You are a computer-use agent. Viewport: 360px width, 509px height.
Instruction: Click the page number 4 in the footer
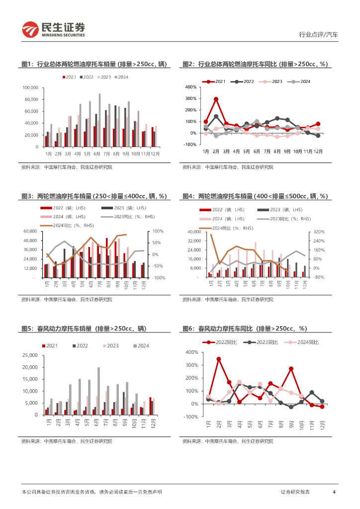coord(334,492)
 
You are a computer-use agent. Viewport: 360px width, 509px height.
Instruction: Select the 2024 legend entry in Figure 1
coord(121,77)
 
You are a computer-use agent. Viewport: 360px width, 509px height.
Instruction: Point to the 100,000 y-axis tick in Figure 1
coord(31,87)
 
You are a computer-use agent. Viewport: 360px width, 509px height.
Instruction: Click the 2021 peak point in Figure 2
coord(216,99)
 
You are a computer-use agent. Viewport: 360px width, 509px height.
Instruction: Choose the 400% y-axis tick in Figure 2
coord(191,86)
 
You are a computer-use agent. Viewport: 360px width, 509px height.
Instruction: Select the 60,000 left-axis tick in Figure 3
coord(31,231)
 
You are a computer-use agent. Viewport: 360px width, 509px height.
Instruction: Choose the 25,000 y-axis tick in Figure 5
coord(31,355)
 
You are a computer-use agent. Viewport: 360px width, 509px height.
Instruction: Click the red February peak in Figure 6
coord(219,359)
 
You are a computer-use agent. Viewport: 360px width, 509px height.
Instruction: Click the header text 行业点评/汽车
coord(318,35)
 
